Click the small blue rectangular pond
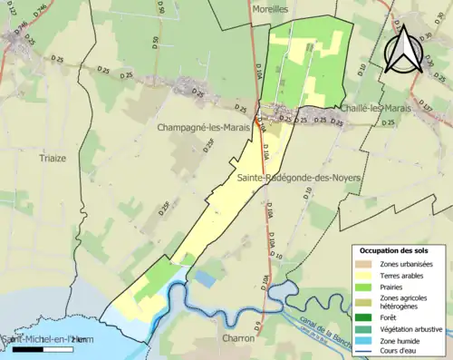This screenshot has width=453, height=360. (206, 280)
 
